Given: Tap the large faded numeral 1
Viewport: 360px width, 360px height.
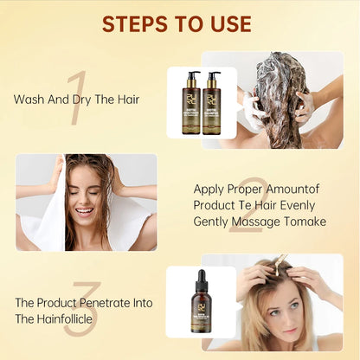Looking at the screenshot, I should point(76,97).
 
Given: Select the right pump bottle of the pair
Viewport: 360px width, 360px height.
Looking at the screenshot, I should point(212,106).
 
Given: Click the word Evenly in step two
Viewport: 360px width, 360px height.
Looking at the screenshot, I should point(296,206).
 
